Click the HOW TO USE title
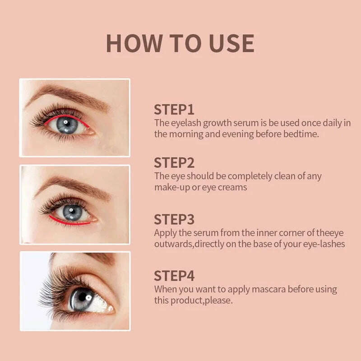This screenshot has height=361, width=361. tap(180, 43)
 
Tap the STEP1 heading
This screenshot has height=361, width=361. tap(174, 110)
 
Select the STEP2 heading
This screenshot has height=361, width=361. tap(174, 163)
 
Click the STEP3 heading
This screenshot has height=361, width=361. tap(174, 219)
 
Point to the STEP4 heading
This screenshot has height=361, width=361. tap(174, 276)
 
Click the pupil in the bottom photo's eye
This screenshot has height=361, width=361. tap(84, 297)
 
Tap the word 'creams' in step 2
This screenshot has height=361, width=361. tap(232, 187)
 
